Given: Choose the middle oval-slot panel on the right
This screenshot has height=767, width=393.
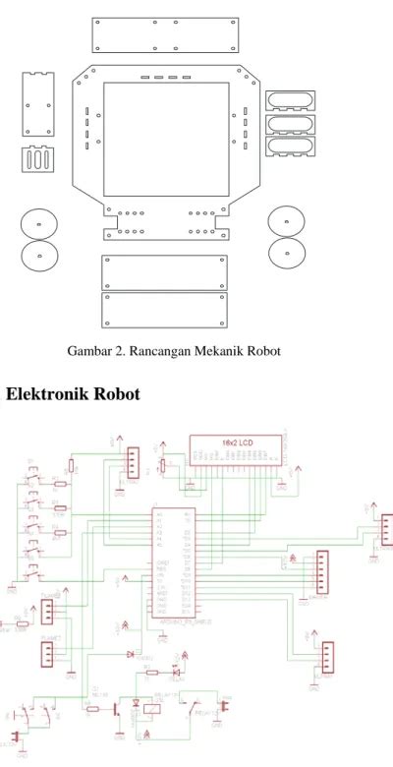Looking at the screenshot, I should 292,125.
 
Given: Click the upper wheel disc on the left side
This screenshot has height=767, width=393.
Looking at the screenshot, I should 38,225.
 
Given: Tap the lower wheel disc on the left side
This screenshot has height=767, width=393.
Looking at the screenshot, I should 38,258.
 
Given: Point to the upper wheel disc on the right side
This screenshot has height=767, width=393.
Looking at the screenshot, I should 286,221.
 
